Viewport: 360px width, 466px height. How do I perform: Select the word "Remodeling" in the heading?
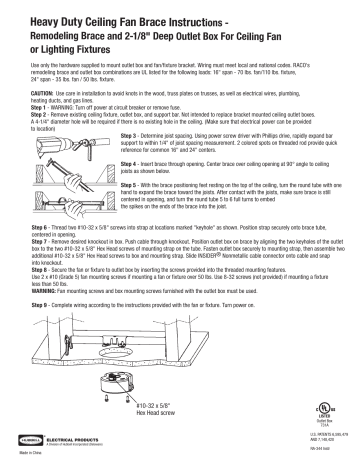pos(54,31)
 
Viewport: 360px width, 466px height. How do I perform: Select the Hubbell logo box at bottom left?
pos(31,436)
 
